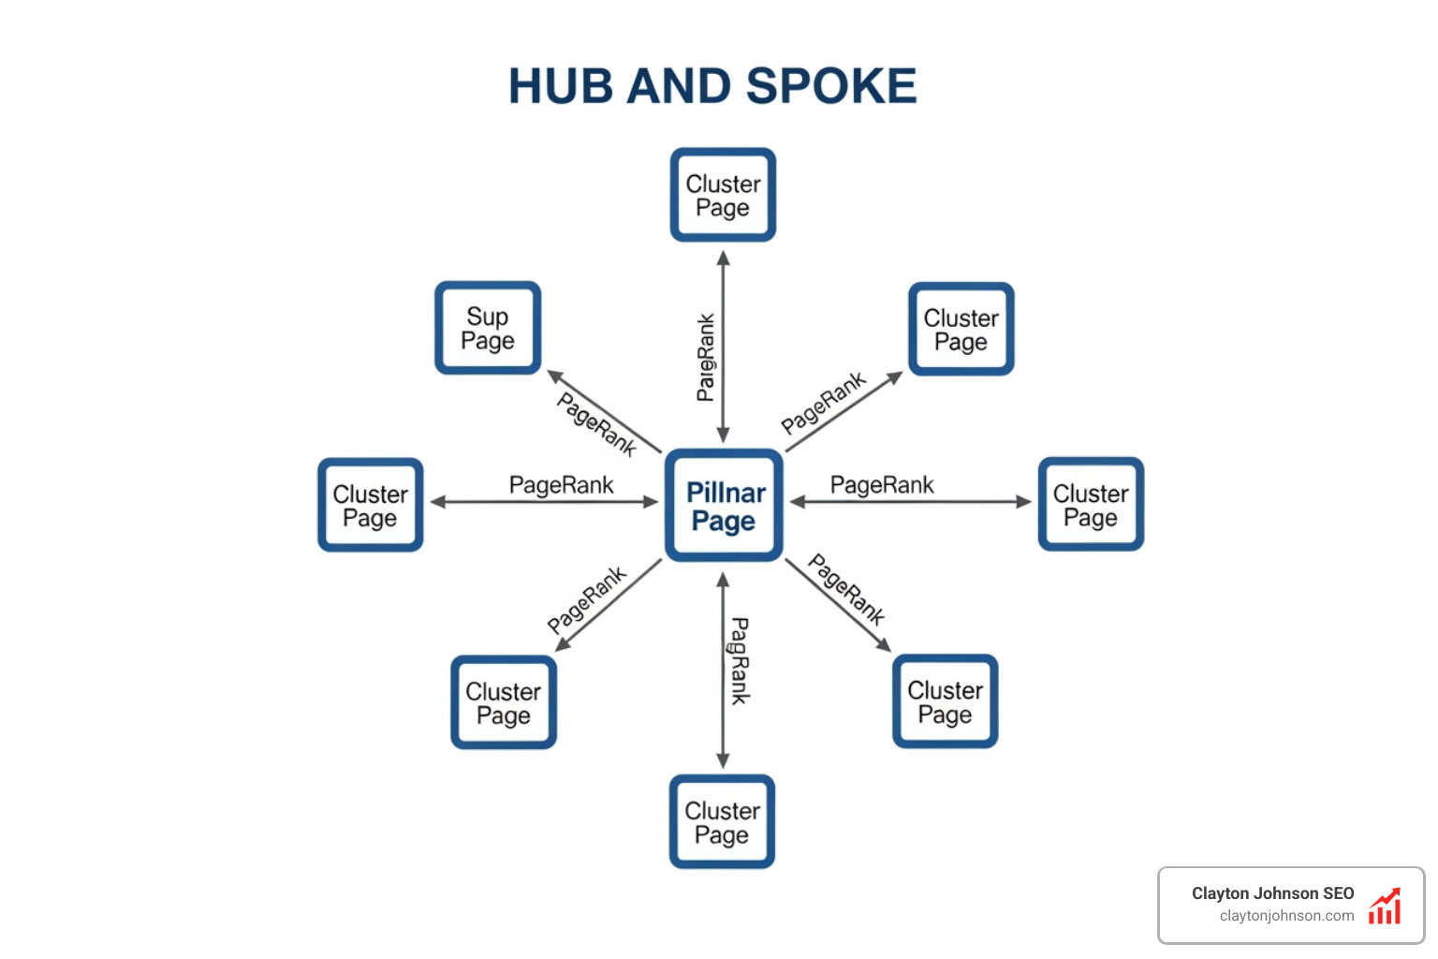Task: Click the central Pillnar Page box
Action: pos(724,506)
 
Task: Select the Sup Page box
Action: pos(488,328)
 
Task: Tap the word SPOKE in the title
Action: pos(831,86)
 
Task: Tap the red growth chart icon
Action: pos(1385,906)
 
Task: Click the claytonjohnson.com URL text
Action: pos(1286,916)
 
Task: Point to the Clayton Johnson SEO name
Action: pos(1272,893)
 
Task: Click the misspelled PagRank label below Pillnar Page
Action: pos(740,660)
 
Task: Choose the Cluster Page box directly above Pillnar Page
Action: pos(723,195)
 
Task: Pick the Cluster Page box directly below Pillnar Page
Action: pos(722,821)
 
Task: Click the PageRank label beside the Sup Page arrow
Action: pos(596,424)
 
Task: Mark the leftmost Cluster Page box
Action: pos(371,505)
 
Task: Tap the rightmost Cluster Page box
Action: pos(1091,504)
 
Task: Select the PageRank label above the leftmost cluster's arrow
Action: pos(561,485)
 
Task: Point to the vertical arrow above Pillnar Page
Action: pos(723,347)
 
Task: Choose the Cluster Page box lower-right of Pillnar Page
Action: pos(945,701)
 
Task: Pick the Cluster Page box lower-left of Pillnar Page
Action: pos(504,702)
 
